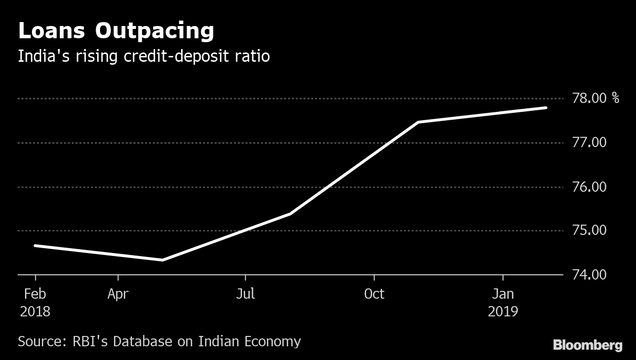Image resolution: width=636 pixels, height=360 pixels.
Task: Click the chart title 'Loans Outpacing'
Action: point(116,31)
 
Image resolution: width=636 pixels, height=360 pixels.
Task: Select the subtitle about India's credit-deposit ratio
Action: point(144,56)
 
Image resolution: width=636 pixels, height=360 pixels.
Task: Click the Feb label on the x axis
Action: point(35,294)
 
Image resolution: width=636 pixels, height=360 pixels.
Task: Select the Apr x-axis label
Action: point(118,294)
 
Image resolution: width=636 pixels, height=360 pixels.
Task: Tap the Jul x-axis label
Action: point(245,294)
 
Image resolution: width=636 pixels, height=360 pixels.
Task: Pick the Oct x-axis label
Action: point(374,294)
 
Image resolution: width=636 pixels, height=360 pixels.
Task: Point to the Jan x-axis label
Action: point(503,294)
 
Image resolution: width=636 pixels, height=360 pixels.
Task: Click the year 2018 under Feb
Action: point(35,311)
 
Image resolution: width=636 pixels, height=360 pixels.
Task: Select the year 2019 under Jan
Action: point(503,311)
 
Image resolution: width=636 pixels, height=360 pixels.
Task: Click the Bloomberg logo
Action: point(587,345)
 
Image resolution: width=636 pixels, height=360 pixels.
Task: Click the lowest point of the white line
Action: point(162,260)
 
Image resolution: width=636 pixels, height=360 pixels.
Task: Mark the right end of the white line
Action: point(546,108)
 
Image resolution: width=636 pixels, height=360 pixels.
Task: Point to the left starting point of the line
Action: point(35,245)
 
